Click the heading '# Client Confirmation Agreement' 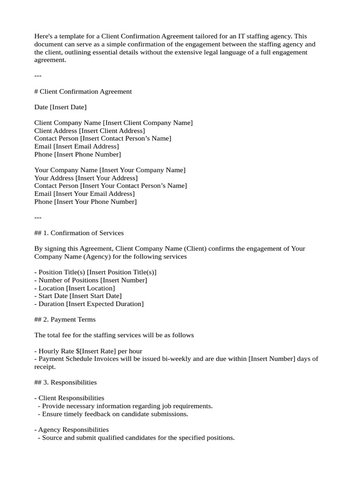click(83, 91)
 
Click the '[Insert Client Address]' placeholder click(112, 131)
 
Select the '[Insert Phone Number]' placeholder click(87, 154)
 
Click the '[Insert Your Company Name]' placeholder click(142, 170)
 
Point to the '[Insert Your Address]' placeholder click(106, 178)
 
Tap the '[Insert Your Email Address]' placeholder click(94, 194)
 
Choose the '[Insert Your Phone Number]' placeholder click(95, 202)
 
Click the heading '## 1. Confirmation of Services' click(79, 233)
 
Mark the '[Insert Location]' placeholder click(90, 288)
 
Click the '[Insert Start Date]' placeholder click(95, 296)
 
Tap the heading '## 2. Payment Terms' click(65, 320)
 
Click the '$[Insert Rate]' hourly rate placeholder click(99, 351)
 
